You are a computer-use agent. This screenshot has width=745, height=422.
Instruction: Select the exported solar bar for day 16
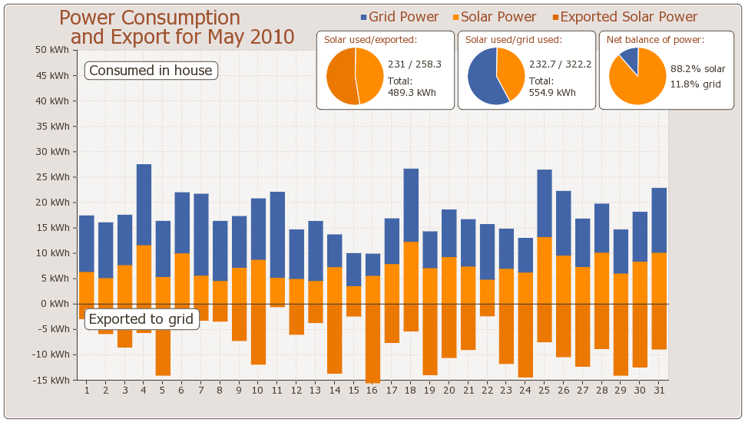[372, 342]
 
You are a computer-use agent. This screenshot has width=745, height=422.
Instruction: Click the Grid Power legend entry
[399, 17]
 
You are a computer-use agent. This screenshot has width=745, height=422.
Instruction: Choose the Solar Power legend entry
[494, 17]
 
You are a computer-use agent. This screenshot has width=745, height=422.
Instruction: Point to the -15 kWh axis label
[52, 380]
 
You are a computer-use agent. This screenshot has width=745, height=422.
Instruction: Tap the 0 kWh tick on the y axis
[57, 304]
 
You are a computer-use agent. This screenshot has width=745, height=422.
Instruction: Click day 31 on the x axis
[659, 391]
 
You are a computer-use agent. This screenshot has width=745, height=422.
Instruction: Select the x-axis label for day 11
[277, 391]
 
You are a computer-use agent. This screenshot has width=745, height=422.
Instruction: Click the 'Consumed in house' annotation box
[151, 71]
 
